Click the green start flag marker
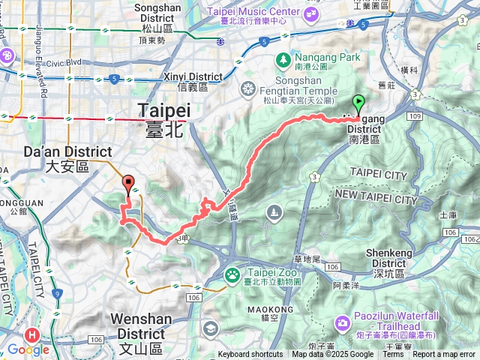click(358, 104)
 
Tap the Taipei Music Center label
click(253, 12)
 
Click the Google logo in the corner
click(28, 349)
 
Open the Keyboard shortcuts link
click(250, 355)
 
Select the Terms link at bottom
click(393, 355)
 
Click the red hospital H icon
click(32, 335)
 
